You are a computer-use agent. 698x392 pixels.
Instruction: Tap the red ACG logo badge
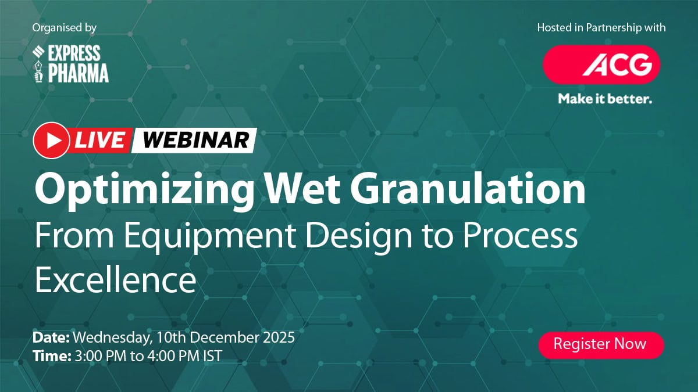[601, 64]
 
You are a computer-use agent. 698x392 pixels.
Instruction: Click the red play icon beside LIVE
[51, 141]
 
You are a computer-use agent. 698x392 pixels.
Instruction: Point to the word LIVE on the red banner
[99, 141]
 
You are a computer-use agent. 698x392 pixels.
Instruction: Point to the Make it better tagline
[605, 99]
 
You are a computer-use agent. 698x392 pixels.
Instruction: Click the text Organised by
[64, 28]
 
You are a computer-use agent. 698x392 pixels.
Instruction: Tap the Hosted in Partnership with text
[601, 28]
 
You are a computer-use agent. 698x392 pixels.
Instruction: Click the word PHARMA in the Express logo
[78, 73]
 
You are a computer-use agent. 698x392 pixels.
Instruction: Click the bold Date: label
[51, 338]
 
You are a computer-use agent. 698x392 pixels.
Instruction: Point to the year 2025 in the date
[279, 337]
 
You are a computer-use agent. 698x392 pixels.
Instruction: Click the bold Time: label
[52, 356]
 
